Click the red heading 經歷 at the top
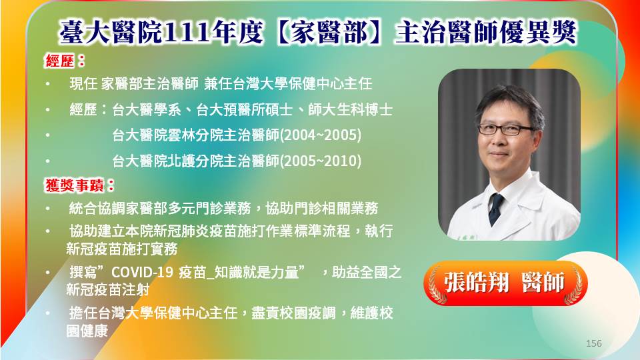(x=59, y=61)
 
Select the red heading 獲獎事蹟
(x=74, y=186)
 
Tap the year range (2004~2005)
(x=321, y=135)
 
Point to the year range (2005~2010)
(x=321, y=161)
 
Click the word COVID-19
(x=142, y=272)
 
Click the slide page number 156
(x=593, y=343)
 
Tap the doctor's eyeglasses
(x=506, y=129)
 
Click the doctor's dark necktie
(x=495, y=208)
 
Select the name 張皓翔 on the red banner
(x=477, y=282)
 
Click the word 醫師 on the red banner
(x=543, y=282)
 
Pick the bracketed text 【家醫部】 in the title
(x=329, y=32)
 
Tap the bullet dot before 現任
(x=48, y=84)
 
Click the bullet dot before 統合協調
(x=48, y=209)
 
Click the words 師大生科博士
(x=351, y=109)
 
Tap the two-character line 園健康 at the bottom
(x=87, y=331)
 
